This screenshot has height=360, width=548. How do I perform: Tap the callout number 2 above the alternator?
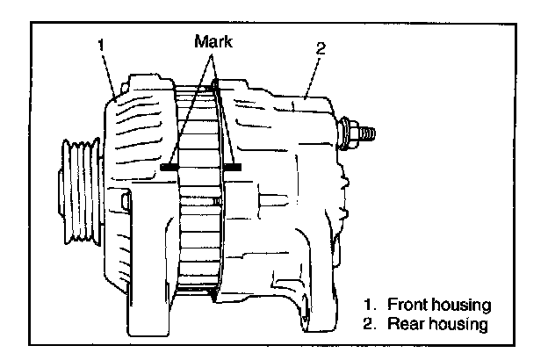(321, 48)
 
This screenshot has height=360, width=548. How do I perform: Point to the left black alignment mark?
(170, 166)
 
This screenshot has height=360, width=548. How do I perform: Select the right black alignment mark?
(233, 166)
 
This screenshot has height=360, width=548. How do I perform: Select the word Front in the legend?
(407, 305)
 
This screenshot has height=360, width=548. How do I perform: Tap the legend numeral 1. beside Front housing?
(371, 305)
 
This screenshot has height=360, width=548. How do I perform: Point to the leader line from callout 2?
(311, 76)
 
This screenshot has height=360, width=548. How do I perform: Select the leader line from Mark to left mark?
(190, 105)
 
